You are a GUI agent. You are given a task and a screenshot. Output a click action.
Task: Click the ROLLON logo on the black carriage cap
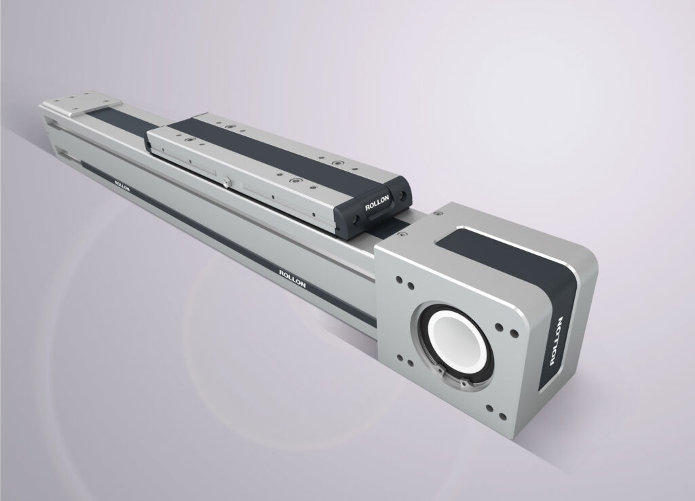pyautogui.click(x=377, y=203)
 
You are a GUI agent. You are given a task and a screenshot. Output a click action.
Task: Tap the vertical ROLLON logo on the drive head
pyautogui.click(x=556, y=341)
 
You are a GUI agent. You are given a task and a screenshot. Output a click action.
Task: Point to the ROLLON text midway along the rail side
pyautogui.click(x=292, y=278)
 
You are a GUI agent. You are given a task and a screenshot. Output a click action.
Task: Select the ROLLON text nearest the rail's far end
pyautogui.click(x=122, y=186)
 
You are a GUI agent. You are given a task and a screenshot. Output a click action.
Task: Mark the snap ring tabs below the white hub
pyautogui.click(x=457, y=378)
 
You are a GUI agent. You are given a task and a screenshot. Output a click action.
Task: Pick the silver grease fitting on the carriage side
pyautogui.click(x=227, y=182)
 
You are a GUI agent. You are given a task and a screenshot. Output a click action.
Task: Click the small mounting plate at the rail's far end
pyautogui.click(x=86, y=103)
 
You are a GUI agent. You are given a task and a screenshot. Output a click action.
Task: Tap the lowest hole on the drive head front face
pyautogui.click(x=503, y=416)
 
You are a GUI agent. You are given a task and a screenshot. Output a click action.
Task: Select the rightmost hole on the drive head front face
pyautogui.click(x=514, y=333)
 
